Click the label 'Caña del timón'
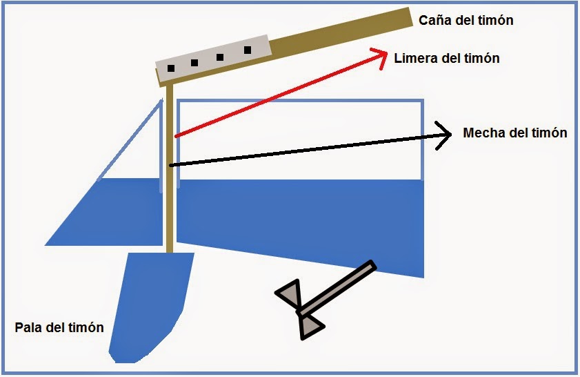(x=466, y=20)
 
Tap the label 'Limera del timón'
(x=446, y=59)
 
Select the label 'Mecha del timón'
(x=515, y=133)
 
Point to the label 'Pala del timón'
(x=59, y=327)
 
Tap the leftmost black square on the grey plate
(x=170, y=68)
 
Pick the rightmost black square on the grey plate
(x=248, y=50)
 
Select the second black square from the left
(x=194, y=63)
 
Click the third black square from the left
(x=220, y=57)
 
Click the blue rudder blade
(x=150, y=304)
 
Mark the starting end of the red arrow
(x=177, y=137)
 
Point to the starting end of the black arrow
(x=170, y=165)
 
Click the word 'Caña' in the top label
(x=434, y=20)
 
